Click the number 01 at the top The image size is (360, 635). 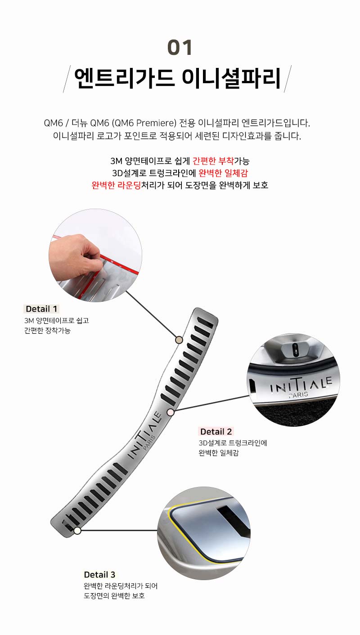(x=180, y=47)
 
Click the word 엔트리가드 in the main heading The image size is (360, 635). (x=124, y=78)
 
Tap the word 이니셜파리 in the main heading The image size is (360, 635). (x=231, y=78)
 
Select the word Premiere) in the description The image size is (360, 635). (x=156, y=123)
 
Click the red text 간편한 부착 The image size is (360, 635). (x=213, y=161)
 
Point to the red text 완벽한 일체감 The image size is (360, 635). (x=223, y=173)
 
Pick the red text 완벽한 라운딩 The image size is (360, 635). (x=116, y=185)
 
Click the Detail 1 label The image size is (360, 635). (x=41, y=309)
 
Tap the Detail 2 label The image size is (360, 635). (x=216, y=431)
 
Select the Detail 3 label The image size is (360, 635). (x=99, y=574)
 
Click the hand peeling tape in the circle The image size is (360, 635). (x=75, y=257)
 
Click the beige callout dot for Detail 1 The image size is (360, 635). (x=179, y=340)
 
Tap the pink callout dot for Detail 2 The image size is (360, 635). (x=170, y=412)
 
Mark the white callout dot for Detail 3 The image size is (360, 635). (x=77, y=530)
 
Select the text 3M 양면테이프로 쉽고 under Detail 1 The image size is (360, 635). (x=56, y=321)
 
